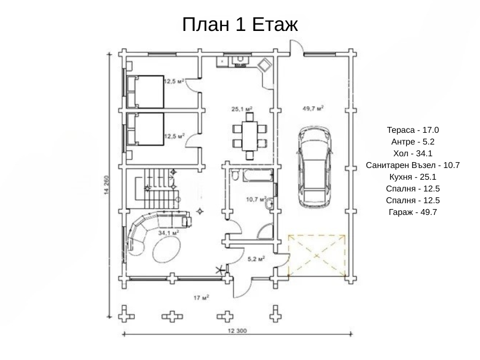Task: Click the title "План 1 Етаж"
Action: tap(240, 24)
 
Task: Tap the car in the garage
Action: tap(314, 167)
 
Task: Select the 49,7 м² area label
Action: tap(313, 108)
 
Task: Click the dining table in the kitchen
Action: tap(250, 136)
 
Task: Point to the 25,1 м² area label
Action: tap(242, 109)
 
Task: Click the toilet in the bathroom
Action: tap(235, 175)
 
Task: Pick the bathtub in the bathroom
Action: tap(258, 175)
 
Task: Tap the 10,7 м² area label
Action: tap(256, 199)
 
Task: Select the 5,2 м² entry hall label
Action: tap(256, 259)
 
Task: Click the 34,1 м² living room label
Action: tap(169, 233)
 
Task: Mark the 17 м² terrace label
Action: tap(201, 297)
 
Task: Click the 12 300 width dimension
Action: tap(237, 331)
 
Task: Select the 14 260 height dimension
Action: tap(107, 185)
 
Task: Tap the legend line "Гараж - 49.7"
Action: tap(413, 212)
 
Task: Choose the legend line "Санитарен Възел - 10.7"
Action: tap(413, 165)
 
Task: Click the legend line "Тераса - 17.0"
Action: tap(413, 130)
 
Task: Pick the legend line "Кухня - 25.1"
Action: tap(413, 177)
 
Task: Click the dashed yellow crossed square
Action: tap(317, 255)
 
